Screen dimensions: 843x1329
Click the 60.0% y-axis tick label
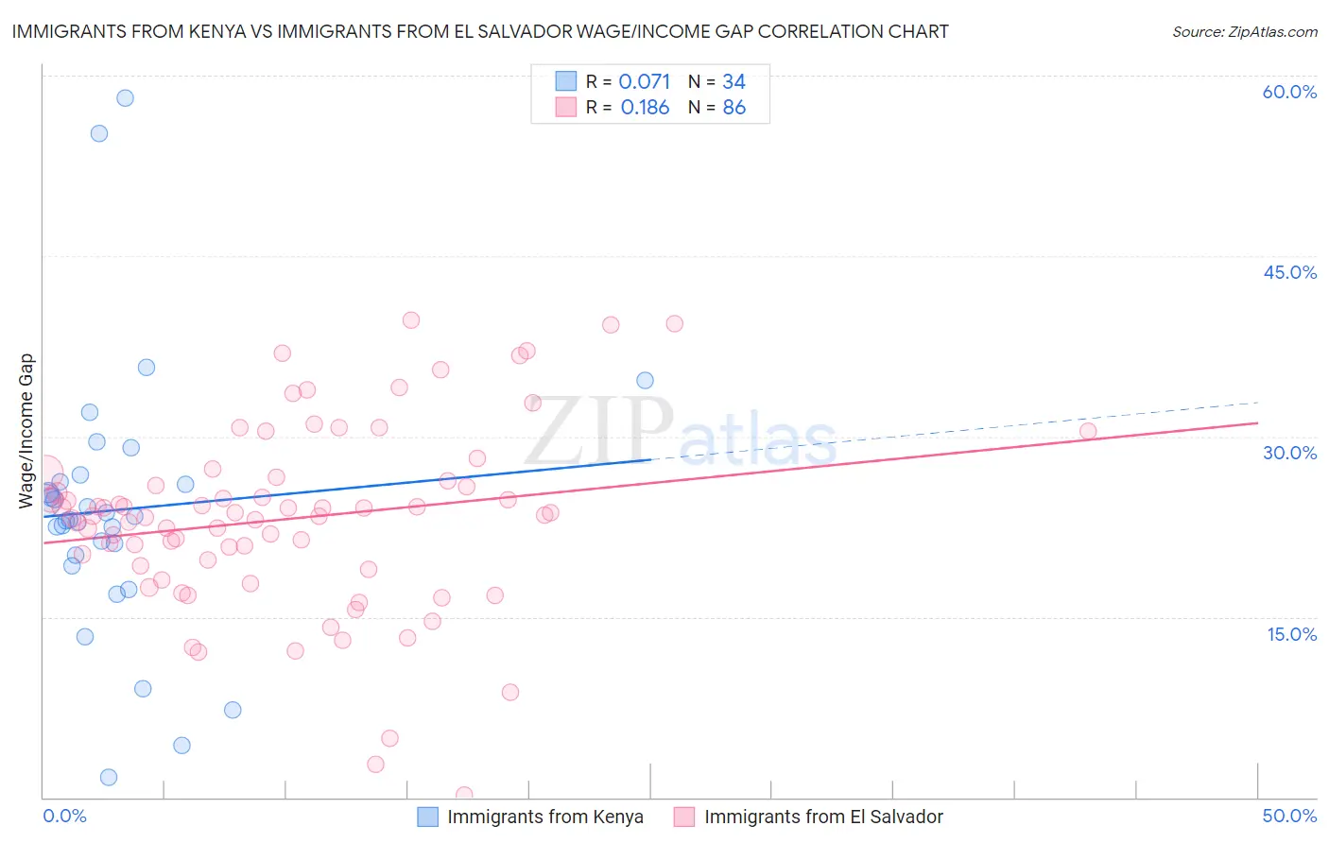point(1289,92)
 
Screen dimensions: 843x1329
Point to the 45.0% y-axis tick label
point(1289,272)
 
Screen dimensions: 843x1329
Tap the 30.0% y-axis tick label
point(1289,453)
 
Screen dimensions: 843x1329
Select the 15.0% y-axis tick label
point(1291,634)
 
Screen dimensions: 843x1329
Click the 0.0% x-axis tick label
point(64,816)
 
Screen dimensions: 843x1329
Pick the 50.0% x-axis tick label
point(1289,816)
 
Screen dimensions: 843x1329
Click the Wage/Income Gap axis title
point(26,431)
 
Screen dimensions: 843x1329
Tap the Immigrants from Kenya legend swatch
point(427,817)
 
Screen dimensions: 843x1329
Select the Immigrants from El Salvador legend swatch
point(684,817)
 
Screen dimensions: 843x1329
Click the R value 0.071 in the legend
point(644,82)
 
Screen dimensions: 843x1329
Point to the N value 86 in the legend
point(734,108)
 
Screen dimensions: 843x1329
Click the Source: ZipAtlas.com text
point(1244,32)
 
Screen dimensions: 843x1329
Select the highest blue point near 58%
point(125,98)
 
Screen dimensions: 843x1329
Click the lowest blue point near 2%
point(109,777)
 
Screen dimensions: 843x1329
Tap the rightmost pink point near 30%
point(1088,431)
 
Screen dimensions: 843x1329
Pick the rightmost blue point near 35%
point(645,381)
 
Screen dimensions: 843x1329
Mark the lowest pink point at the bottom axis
point(464,795)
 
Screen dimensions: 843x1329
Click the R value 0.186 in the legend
point(645,108)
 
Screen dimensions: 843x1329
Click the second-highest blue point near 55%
point(99,133)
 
